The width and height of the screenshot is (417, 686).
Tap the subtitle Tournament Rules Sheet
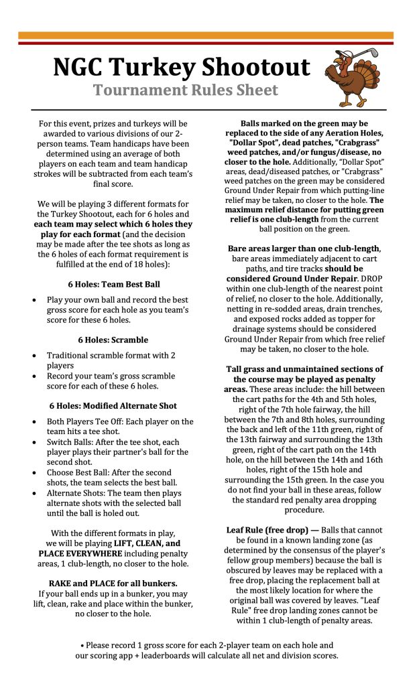pos(176,90)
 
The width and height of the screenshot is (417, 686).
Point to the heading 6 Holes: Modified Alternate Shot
pos(113,405)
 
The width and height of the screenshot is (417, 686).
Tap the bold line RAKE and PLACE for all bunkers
pos(113,583)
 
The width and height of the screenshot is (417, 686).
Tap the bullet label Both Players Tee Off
pos(88,422)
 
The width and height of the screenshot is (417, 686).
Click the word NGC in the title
pos(78,67)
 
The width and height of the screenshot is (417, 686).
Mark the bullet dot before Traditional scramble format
pos(35,356)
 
